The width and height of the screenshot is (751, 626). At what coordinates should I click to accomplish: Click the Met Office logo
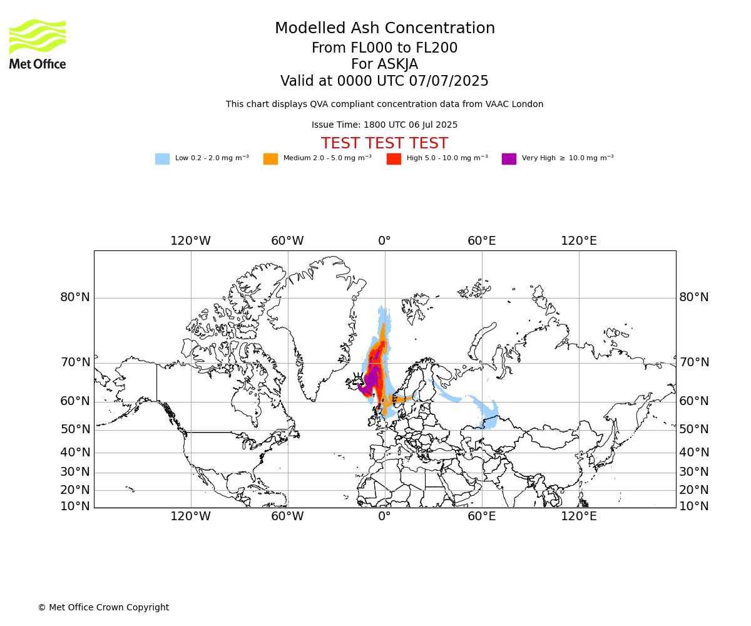pyautogui.click(x=38, y=44)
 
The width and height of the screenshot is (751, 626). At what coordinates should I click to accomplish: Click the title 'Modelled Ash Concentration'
pyautogui.click(x=384, y=28)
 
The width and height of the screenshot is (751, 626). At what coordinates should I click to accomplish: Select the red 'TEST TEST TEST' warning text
pyautogui.click(x=384, y=143)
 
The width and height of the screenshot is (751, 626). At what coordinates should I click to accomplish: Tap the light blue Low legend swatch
pyautogui.click(x=162, y=158)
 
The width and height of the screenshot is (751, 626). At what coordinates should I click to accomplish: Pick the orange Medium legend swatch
pyautogui.click(x=270, y=158)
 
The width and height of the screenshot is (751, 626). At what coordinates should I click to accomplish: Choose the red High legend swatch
pyautogui.click(x=394, y=158)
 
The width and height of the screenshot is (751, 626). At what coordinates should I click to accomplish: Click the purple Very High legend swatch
pyautogui.click(x=509, y=158)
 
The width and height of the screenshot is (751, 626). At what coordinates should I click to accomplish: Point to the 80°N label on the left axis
pyautogui.click(x=75, y=297)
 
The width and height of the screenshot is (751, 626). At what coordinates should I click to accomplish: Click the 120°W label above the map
pyautogui.click(x=190, y=240)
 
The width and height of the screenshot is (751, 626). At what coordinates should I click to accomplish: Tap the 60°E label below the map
pyautogui.click(x=482, y=516)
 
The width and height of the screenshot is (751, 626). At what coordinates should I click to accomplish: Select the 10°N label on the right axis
pyautogui.click(x=694, y=506)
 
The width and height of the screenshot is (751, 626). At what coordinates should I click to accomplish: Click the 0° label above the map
pyautogui.click(x=384, y=240)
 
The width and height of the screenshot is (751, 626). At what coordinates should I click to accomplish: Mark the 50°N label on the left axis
pyautogui.click(x=75, y=429)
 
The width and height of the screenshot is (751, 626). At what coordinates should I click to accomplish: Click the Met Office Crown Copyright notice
pyautogui.click(x=104, y=607)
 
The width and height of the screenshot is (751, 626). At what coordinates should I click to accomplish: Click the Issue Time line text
pyautogui.click(x=384, y=125)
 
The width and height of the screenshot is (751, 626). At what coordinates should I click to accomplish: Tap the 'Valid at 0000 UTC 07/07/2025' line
pyautogui.click(x=384, y=81)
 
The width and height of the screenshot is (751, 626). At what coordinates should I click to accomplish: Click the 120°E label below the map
pyautogui.click(x=579, y=516)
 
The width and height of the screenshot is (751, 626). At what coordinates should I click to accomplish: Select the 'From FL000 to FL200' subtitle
pyautogui.click(x=384, y=48)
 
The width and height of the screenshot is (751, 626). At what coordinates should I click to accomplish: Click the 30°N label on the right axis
pyautogui.click(x=694, y=471)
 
